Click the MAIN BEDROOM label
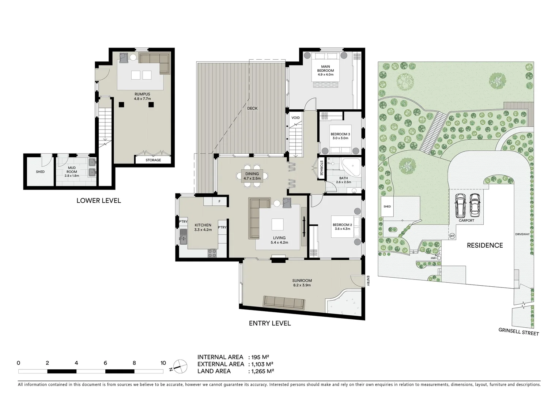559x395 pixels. coord(325,68)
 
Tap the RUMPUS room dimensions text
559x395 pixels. coord(142,99)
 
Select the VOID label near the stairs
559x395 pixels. coord(295,118)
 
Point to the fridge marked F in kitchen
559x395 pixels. coord(219,201)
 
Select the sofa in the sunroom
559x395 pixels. coord(284,302)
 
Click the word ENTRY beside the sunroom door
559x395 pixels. coord(368,281)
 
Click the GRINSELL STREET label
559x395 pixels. coord(518,331)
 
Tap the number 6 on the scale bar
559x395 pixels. coord(105,363)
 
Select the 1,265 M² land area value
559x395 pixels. coord(262,371)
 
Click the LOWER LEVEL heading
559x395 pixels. coord(98,200)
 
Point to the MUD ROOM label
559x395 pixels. coord(72,170)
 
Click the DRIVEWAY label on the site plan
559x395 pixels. coord(522,234)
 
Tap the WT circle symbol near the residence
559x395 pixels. coord(452,236)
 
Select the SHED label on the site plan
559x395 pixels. coord(387,206)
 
